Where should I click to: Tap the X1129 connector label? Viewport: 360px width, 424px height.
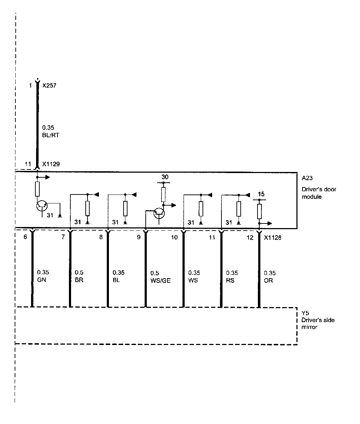(51, 164)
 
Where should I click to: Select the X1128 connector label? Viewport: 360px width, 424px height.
(272, 237)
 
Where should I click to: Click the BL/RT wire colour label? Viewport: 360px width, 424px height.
(50, 135)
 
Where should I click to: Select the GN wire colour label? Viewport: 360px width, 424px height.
(42, 280)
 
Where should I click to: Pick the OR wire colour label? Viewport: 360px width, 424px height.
(269, 281)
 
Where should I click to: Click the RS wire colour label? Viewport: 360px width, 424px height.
(230, 281)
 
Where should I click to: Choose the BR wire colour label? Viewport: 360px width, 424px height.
(79, 280)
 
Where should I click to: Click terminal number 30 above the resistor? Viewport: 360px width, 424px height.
(165, 177)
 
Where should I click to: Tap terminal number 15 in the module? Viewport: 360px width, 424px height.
(261, 194)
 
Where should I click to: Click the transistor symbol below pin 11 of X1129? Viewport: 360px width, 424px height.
(42, 205)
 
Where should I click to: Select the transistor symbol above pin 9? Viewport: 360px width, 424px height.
(159, 213)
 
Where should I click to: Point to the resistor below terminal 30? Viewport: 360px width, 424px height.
(163, 194)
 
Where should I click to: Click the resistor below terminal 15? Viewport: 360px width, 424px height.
(260, 211)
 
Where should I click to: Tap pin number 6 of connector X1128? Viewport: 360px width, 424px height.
(25, 237)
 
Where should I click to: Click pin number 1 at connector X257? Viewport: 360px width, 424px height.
(31, 86)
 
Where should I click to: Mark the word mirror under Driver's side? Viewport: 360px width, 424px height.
(309, 327)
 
